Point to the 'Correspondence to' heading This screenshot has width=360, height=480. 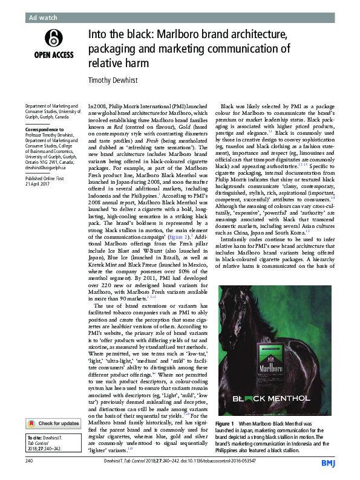point(41,129)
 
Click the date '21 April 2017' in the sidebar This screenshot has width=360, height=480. point(35,184)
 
